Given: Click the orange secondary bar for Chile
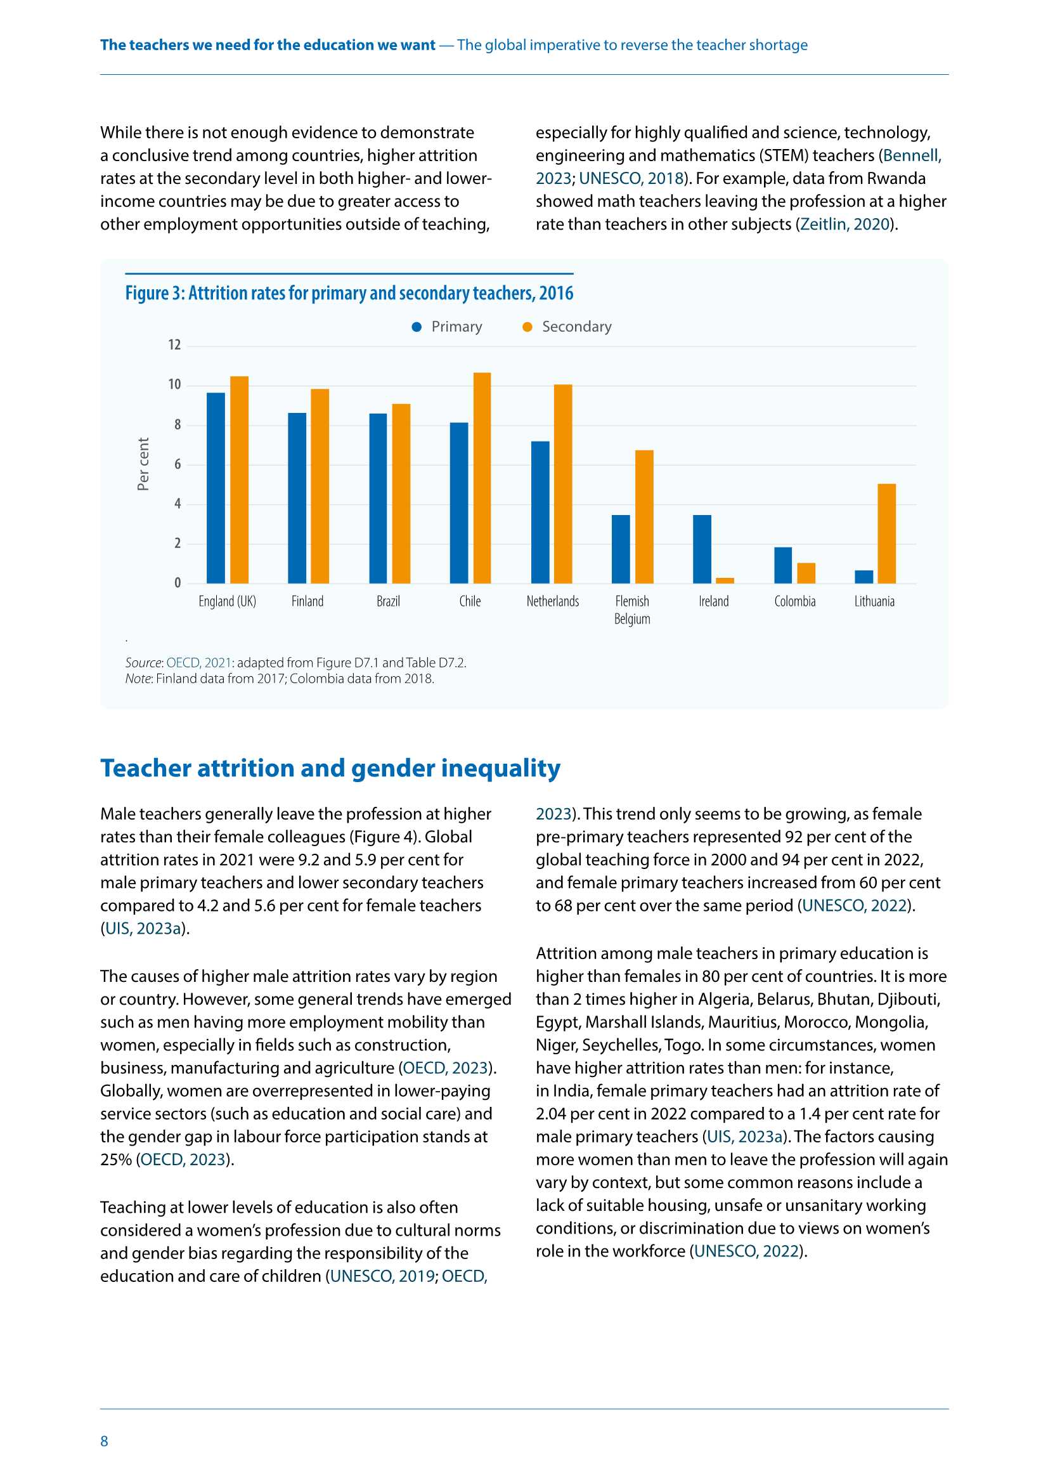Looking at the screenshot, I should [x=482, y=478].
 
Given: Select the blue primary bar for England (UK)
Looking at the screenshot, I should [x=216, y=488].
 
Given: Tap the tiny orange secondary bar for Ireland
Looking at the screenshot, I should [x=725, y=580].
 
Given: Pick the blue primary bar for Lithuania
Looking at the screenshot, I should [x=864, y=577].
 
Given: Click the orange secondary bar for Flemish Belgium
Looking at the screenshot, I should [x=644, y=517].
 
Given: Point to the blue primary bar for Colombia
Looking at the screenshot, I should [x=782, y=565].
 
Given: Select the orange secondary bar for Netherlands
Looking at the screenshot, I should [x=562, y=484].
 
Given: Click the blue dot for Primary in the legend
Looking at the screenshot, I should [x=417, y=327].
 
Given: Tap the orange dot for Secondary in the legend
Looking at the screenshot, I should [x=527, y=327].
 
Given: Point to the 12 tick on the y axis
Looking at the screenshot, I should [x=174, y=345].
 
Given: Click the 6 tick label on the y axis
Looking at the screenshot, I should [x=178, y=464].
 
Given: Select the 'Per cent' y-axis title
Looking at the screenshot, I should [x=143, y=464].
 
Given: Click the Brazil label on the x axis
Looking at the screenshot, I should [x=388, y=601].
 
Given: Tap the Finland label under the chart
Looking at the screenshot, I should [x=307, y=601].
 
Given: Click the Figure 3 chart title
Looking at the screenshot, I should [x=349, y=293].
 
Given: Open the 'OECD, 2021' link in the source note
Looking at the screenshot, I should [x=198, y=663].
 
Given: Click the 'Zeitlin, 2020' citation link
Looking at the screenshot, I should [x=845, y=224].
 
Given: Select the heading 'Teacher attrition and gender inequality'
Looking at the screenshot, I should [x=330, y=768].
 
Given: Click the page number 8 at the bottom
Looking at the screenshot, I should [x=104, y=1441].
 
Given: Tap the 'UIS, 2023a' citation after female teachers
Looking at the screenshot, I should [x=145, y=929].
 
